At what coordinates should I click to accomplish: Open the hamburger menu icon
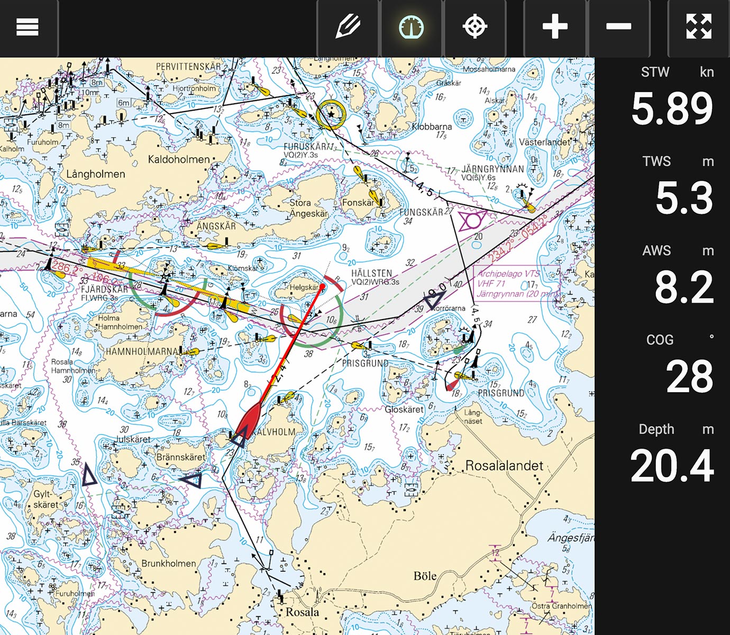tap(27, 26)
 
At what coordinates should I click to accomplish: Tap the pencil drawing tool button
tap(348, 26)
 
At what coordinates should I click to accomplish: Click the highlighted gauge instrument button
tap(411, 26)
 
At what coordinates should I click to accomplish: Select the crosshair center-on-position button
tap(474, 26)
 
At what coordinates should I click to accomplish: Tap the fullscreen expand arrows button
tap(698, 26)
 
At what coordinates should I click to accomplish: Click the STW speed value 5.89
tap(672, 108)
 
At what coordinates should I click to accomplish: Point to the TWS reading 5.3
tap(684, 198)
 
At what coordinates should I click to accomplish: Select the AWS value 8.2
tap(684, 287)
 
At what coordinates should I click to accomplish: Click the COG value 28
tap(689, 377)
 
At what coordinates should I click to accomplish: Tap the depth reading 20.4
tap(672, 466)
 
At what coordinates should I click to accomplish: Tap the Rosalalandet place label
tap(504, 466)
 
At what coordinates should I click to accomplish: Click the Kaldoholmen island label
tap(179, 159)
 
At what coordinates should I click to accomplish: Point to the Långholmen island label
tap(96, 174)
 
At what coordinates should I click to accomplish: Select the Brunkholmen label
tap(168, 564)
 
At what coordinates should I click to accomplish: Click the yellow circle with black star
tap(331, 114)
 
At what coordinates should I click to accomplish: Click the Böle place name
tap(425, 576)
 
